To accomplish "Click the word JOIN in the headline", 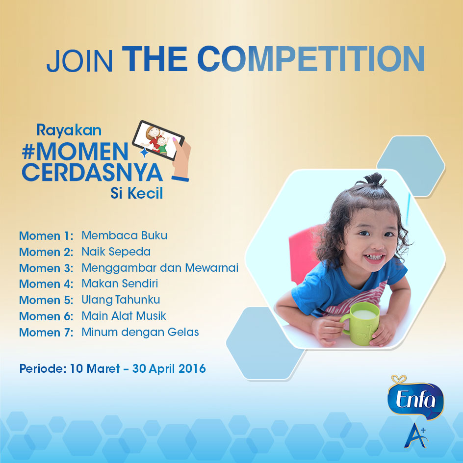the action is tap(79, 61).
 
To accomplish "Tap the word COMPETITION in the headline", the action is tap(311, 59).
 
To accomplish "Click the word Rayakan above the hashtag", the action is tap(69, 130).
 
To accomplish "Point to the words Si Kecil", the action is tap(137, 193).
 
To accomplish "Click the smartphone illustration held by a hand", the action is tap(158, 140).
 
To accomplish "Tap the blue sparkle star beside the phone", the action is tap(144, 153).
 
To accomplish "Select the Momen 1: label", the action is tap(47, 236).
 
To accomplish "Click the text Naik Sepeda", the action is tap(116, 252).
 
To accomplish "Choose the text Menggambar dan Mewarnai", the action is tap(160, 268).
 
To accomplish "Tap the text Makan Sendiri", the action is tap(120, 283).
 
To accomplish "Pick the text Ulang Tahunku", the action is tap(121, 300).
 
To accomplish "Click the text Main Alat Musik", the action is tap(124, 316).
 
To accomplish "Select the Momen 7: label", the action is tap(47, 333).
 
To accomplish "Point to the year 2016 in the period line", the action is tap(192, 368).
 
